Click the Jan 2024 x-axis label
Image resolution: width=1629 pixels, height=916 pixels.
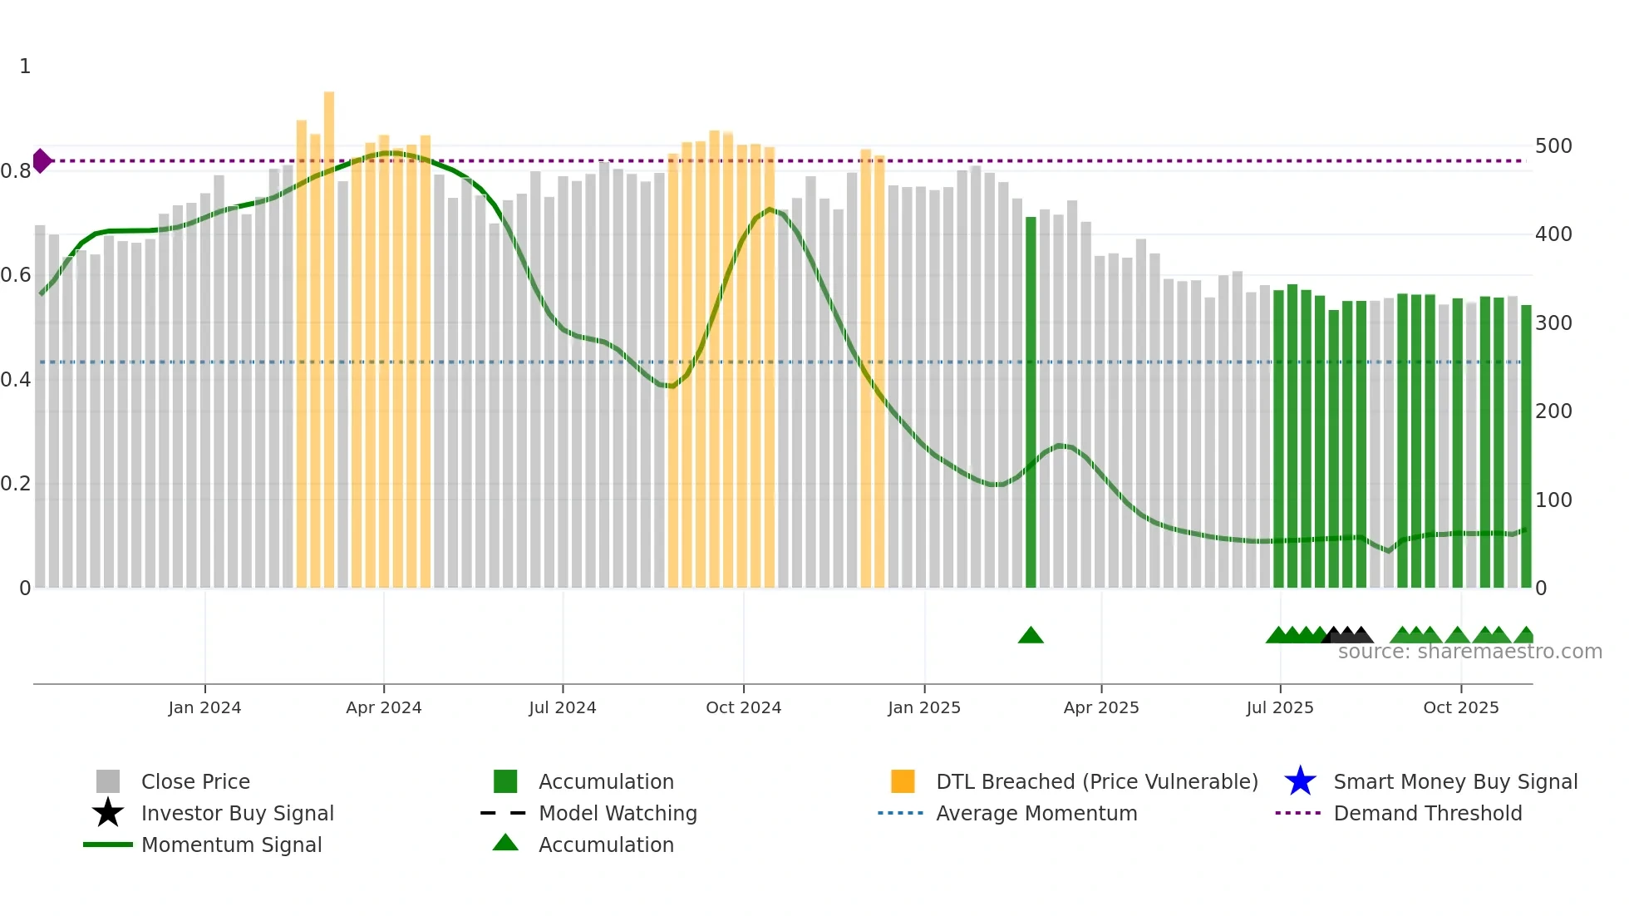click(204, 707)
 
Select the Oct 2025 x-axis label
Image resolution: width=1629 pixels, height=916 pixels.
click(1460, 707)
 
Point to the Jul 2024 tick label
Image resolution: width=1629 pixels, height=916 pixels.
click(562, 707)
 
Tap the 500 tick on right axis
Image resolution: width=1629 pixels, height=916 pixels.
click(1553, 146)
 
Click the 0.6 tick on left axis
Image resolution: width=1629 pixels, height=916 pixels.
click(16, 275)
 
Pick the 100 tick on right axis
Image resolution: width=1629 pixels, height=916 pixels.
click(1553, 500)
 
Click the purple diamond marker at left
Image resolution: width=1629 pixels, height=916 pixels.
click(42, 160)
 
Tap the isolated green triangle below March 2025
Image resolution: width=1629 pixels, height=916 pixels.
click(1031, 636)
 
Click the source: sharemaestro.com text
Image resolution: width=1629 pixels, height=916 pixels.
click(1469, 652)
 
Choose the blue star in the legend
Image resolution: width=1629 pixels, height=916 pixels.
click(1300, 781)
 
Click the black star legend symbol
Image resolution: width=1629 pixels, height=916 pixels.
click(108, 813)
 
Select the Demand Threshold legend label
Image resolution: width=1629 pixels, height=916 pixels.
click(1427, 813)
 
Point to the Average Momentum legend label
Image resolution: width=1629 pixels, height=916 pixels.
click(1036, 813)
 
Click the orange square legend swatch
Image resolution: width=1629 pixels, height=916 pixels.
click(903, 781)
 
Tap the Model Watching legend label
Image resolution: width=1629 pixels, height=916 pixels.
click(618, 813)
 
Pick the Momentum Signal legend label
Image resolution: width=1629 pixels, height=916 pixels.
click(231, 845)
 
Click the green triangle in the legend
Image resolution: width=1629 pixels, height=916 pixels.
click(505, 844)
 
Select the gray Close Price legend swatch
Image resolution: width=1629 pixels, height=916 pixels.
click(108, 781)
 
